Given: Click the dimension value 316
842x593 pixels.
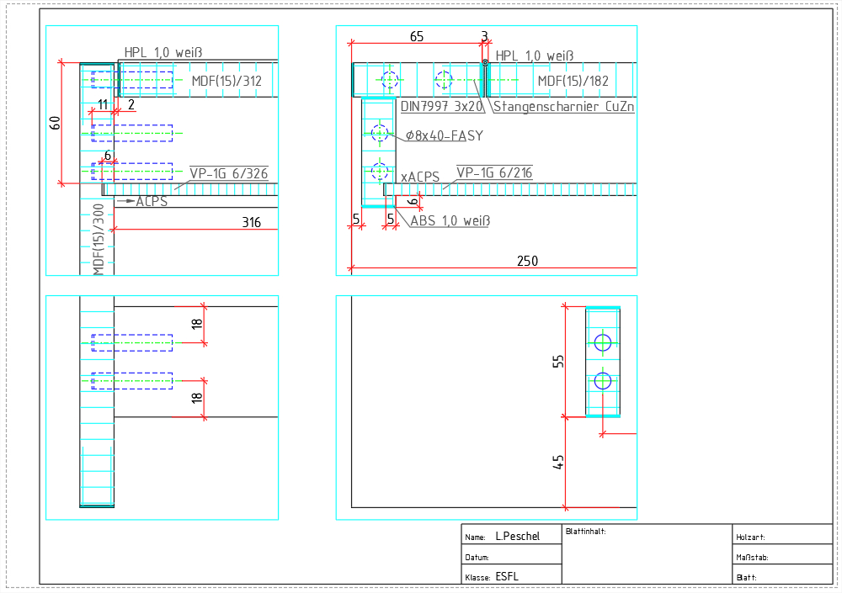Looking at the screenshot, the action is point(251,222).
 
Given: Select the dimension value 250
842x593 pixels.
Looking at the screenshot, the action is point(527,261).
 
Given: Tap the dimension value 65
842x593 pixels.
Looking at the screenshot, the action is point(417,36).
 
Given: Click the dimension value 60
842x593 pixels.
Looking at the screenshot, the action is point(55,123).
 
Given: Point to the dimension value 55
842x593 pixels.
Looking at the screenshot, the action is point(558,361).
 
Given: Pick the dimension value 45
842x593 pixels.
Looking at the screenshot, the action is point(558,462).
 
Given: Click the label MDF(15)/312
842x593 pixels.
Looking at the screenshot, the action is point(226,81).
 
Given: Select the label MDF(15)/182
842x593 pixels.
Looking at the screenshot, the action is point(573,81).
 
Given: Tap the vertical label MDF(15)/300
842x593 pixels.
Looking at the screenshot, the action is point(99,240).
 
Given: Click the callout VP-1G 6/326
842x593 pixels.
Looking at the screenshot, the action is point(229,173).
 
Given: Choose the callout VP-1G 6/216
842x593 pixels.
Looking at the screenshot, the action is point(494,172).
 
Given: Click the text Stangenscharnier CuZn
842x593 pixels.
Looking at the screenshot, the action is point(563,106).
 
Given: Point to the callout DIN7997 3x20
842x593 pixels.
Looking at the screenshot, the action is point(441,106).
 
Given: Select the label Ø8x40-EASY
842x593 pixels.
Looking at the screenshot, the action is point(444,135).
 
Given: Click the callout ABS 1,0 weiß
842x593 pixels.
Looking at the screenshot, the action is point(450,220).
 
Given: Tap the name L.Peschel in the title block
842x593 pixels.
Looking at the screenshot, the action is point(517,536).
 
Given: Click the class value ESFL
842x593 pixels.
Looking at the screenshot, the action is point(507,576).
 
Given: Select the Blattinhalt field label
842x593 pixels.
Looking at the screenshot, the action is point(585,532).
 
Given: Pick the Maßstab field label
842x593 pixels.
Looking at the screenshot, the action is point(752,558).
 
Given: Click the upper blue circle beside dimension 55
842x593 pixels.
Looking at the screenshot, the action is point(603,342).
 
